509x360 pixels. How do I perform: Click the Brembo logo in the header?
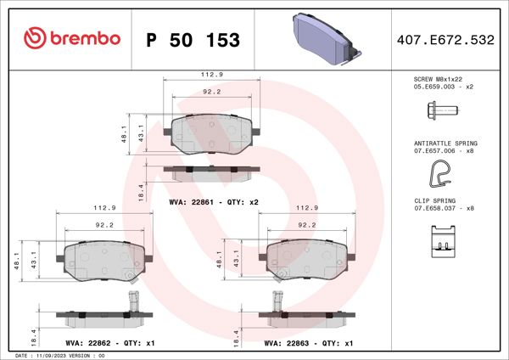[x=73, y=38]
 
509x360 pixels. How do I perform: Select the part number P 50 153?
[x=193, y=40]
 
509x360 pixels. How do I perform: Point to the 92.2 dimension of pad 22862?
[x=104, y=226]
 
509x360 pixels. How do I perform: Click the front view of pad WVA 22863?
[x=307, y=256]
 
